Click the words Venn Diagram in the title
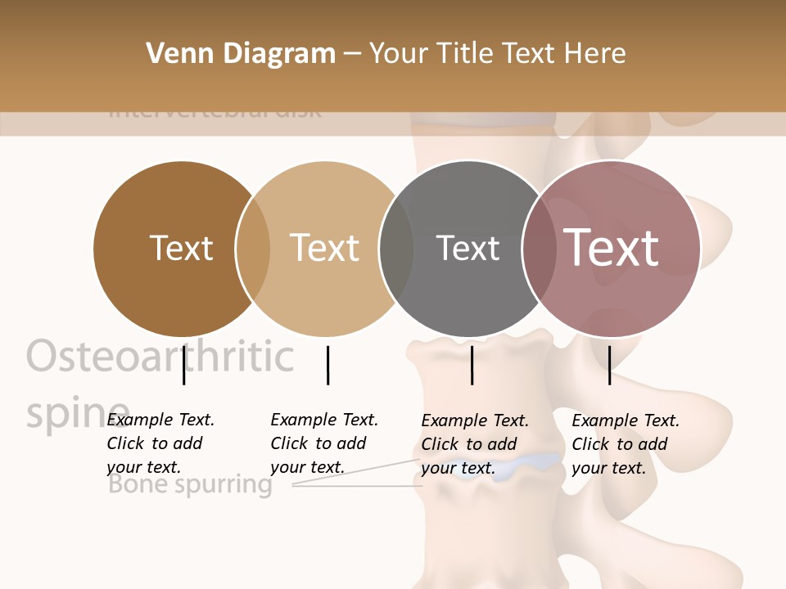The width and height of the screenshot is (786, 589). [241, 54]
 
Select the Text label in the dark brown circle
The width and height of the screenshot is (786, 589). [181, 248]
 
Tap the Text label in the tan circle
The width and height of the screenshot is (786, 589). [325, 248]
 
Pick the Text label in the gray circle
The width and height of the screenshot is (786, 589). [468, 248]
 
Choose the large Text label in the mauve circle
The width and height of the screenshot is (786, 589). [612, 247]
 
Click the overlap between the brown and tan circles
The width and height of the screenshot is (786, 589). [253, 249]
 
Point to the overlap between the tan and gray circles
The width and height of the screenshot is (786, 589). [396, 249]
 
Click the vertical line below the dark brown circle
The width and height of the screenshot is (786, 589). [184, 365]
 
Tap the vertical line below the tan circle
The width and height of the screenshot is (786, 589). [327, 365]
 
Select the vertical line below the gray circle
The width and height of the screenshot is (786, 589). [472, 365]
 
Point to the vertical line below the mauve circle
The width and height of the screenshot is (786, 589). [610, 365]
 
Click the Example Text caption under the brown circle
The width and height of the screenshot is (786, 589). [160, 443]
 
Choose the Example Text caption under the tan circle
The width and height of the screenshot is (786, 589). [323, 443]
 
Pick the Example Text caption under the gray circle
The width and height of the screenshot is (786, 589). [474, 444]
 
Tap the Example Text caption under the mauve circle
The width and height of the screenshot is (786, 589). [625, 444]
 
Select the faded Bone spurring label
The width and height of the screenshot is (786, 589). [190, 485]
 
